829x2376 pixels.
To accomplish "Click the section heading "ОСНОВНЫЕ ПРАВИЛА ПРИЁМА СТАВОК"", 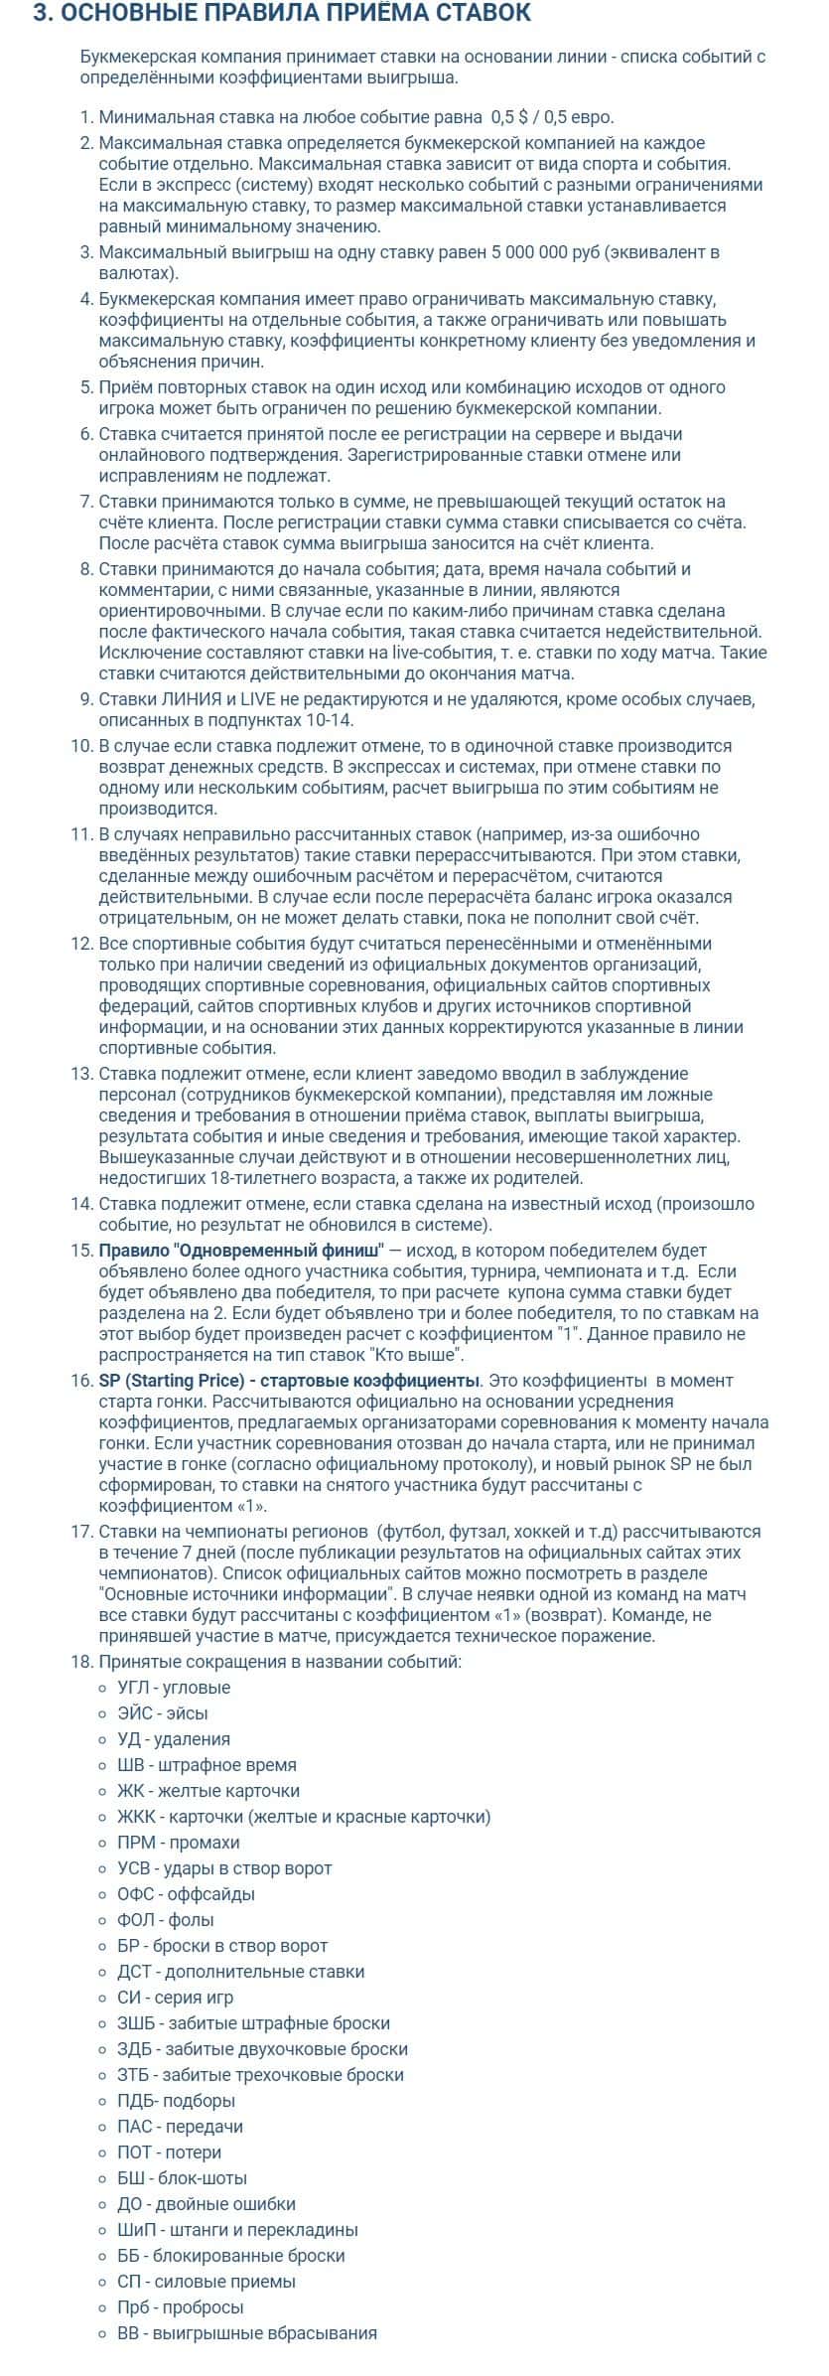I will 282,14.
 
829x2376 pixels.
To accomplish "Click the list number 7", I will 85,502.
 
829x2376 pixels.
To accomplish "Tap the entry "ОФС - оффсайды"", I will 186,1922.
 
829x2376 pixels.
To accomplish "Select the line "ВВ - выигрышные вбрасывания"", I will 247,2361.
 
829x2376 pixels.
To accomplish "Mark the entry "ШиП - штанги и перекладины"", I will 237,2258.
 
